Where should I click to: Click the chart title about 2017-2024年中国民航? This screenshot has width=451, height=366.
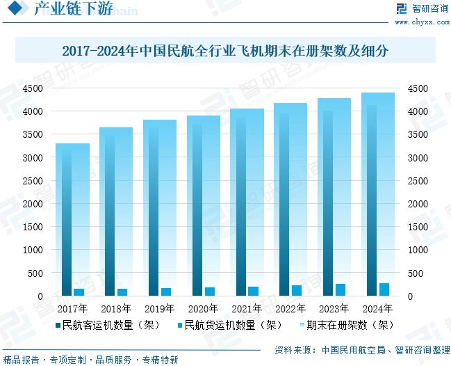[224, 51]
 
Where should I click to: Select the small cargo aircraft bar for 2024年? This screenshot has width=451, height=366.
[384, 289]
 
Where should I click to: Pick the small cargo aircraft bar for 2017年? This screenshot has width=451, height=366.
[79, 292]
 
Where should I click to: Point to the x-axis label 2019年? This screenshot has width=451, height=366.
[159, 308]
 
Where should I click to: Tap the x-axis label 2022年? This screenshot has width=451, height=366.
[290, 308]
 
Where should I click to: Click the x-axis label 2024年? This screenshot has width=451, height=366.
[377, 308]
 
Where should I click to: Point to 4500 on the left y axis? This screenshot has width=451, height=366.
[33, 88]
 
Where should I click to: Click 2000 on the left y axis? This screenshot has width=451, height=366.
[33, 204]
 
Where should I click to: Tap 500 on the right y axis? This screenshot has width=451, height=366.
[415, 273]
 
